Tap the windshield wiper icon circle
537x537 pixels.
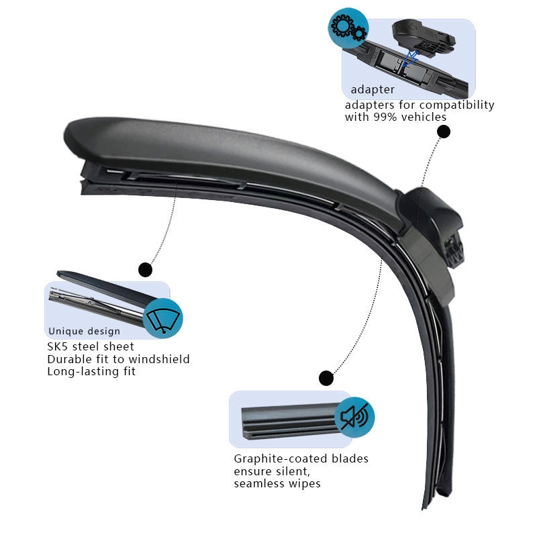(163, 318)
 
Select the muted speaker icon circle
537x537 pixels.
(354, 416)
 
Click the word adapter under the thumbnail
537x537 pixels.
(373, 89)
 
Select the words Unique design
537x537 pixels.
(85, 331)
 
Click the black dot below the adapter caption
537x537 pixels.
(443, 132)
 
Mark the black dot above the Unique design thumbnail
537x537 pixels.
(145, 270)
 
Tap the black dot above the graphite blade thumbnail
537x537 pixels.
(326, 378)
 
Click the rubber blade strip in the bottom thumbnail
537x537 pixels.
(289, 420)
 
